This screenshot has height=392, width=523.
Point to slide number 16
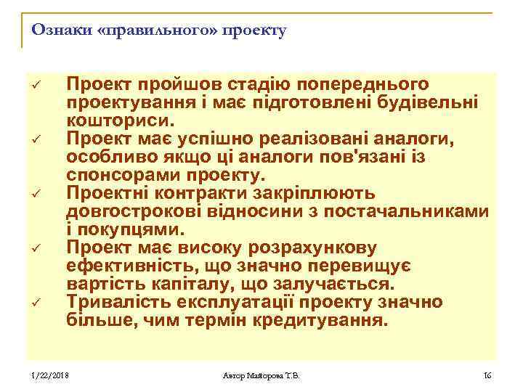(x=486, y=375)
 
